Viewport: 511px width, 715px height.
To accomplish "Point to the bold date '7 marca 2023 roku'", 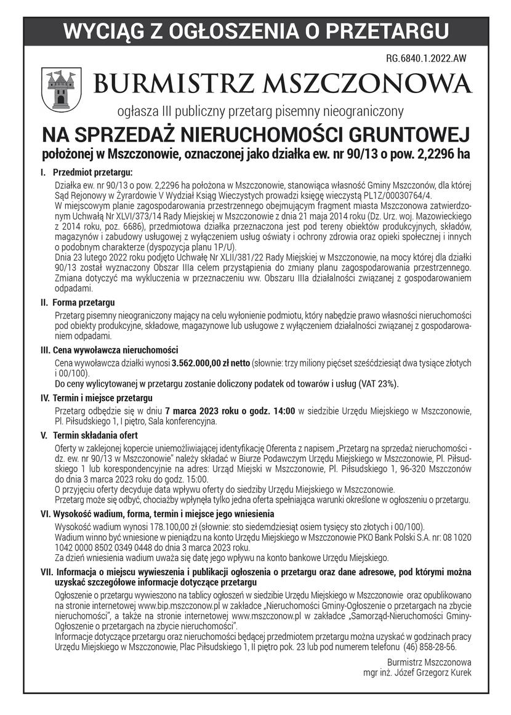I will pyautogui.click(x=201, y=411).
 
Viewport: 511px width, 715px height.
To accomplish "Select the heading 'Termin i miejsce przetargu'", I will pyautogui.click(x=103, y=398).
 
